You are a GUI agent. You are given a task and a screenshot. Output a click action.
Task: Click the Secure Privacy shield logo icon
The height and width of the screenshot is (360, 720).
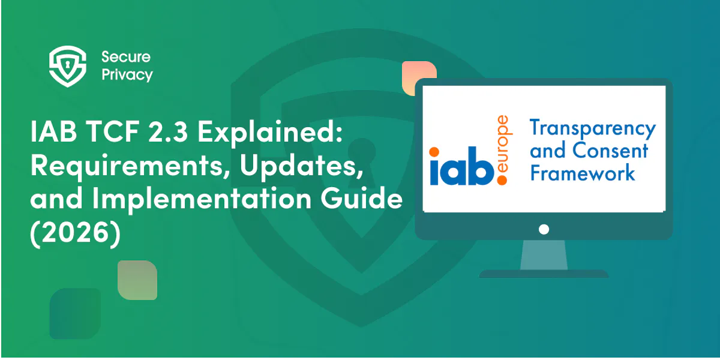click(65, 66)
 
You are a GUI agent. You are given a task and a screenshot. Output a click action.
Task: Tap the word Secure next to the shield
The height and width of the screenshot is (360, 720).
click(125, 57)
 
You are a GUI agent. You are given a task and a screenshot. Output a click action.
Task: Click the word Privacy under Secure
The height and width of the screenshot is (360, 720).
click(127, 75)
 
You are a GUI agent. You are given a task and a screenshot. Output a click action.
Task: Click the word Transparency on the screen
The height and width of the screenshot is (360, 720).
click(592, 128)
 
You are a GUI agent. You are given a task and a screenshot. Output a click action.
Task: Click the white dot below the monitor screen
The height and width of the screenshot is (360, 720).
click(544, 229)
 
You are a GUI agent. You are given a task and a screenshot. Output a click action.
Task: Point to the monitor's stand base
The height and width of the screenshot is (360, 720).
click(544, 274)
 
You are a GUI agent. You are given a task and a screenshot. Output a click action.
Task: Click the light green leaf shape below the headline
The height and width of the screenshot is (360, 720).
click(137, 280)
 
